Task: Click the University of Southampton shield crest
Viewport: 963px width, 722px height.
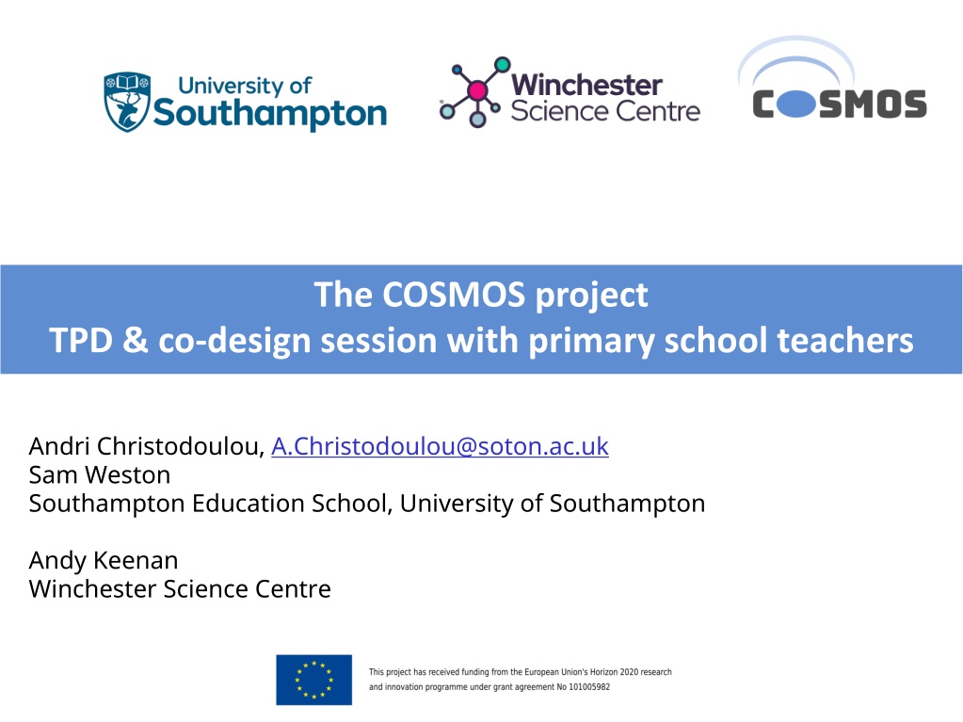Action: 127,102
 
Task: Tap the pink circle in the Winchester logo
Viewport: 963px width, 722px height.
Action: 477,91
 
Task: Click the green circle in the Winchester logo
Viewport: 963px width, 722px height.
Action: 503,64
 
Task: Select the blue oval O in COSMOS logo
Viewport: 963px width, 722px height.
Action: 796,104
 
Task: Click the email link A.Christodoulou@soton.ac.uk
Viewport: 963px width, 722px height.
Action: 440,446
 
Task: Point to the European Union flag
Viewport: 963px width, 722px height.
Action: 313,680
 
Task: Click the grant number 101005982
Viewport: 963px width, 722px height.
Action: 589,687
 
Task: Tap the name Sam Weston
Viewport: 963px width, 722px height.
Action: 100,475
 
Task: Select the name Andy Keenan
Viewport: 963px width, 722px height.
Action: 104,560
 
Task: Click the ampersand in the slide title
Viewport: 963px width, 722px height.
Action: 136,340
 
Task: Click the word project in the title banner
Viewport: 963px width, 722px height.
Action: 591,296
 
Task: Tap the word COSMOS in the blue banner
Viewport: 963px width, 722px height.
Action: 454,295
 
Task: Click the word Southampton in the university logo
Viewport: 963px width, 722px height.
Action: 269,114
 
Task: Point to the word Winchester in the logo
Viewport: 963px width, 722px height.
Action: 586,85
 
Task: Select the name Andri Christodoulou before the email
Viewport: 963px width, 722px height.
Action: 146,446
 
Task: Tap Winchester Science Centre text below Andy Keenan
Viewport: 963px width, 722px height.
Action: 180,588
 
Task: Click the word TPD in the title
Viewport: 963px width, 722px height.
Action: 81,340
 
